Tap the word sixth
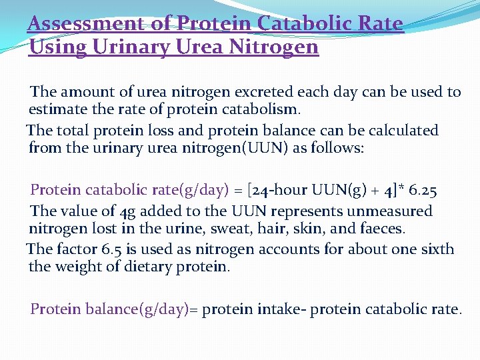point(436,249)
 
